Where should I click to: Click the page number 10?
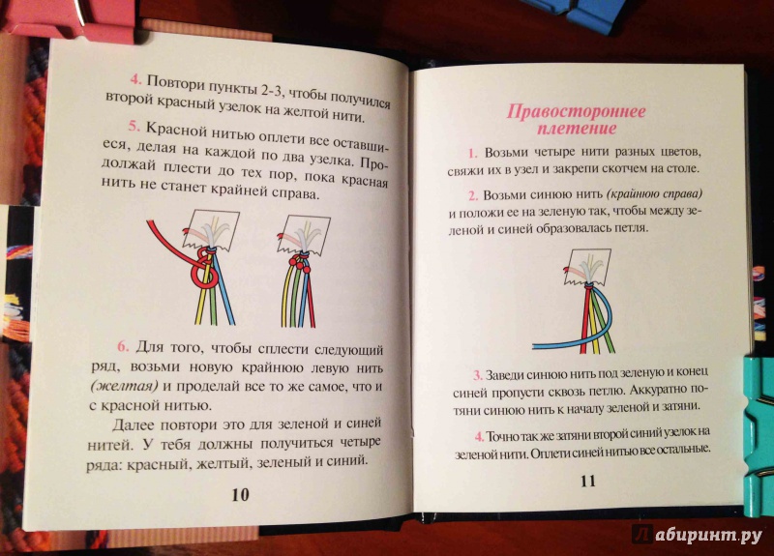tap(240, 494)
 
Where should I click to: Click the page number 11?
tap(588, 481)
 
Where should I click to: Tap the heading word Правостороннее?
tap(576, 111)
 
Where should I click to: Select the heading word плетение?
tap(577, 129)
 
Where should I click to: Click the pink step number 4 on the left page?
tap(135, 79)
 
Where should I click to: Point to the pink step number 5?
tap(134, 126)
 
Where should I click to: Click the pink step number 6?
tap(123, 346)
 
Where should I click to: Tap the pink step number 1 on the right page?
tap(473, 153)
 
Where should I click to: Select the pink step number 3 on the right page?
tap(477, 375)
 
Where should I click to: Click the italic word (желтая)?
tap(125, 385)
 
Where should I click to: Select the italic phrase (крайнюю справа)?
tap(654, 194)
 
